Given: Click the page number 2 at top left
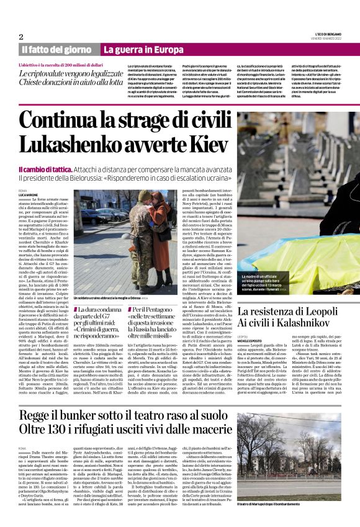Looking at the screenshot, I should tap(21, 36).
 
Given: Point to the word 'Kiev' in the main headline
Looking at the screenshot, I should tap(205, 143).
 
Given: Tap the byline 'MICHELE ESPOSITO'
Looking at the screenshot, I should tap(253, 341).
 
